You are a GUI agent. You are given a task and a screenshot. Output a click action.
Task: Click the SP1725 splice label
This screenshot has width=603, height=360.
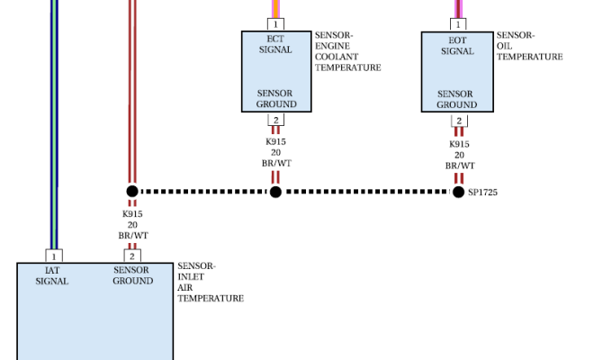(x=482, y=193)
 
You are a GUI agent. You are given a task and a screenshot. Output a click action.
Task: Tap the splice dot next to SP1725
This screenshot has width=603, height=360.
(x=458, y=192)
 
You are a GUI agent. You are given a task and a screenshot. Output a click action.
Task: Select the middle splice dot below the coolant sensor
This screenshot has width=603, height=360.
(x=275, y=192)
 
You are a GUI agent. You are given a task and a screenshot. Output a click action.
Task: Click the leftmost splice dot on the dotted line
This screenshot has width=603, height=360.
(x=132, y=191)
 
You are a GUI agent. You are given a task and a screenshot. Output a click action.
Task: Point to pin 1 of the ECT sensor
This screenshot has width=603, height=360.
(x=275, y=24)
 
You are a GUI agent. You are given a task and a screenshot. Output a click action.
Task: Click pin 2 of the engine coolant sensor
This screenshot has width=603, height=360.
(x=276, y=120)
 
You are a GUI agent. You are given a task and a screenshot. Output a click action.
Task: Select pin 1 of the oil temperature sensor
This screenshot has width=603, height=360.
(x=458, y=24)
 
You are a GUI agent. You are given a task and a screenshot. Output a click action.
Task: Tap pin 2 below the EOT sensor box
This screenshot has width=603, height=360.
(x=459, y=121)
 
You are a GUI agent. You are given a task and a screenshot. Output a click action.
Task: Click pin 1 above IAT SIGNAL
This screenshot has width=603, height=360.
(x=54, y=256)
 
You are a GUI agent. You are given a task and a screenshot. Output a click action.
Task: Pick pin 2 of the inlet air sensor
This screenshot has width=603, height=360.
(x=132, y=256)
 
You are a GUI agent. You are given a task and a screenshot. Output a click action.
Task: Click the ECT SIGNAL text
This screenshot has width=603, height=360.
(x=275, y=44)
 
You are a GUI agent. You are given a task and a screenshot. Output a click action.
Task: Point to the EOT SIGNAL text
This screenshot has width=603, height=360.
(x=457, y=46)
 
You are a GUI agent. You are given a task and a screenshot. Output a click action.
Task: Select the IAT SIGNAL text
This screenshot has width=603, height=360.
(x=52, y=275)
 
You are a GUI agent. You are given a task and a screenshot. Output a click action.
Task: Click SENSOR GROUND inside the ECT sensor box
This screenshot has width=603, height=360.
(x=276, y=99)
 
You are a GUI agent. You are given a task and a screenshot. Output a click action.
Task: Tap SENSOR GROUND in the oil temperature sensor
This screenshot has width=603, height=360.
(x=456, y=100)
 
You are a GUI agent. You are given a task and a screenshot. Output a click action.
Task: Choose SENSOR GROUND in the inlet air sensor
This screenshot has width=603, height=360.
(x=132, y=275)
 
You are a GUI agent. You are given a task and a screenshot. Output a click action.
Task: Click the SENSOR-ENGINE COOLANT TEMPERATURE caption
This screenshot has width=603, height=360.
(x=347, y=51)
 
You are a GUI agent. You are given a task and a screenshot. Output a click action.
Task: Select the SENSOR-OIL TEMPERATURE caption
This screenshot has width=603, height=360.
(x=529, y=46)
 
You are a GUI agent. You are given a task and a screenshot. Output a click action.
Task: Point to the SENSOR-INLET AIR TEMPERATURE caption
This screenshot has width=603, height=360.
(x=211, y=282)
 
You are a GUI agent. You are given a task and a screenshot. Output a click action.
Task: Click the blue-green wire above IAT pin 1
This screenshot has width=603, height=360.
(x=54, y=124)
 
